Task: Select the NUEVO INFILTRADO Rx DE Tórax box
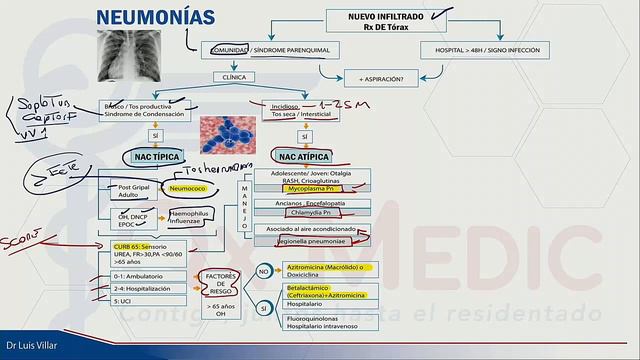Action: [384, 20]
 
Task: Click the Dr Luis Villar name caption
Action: [27, 351]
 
